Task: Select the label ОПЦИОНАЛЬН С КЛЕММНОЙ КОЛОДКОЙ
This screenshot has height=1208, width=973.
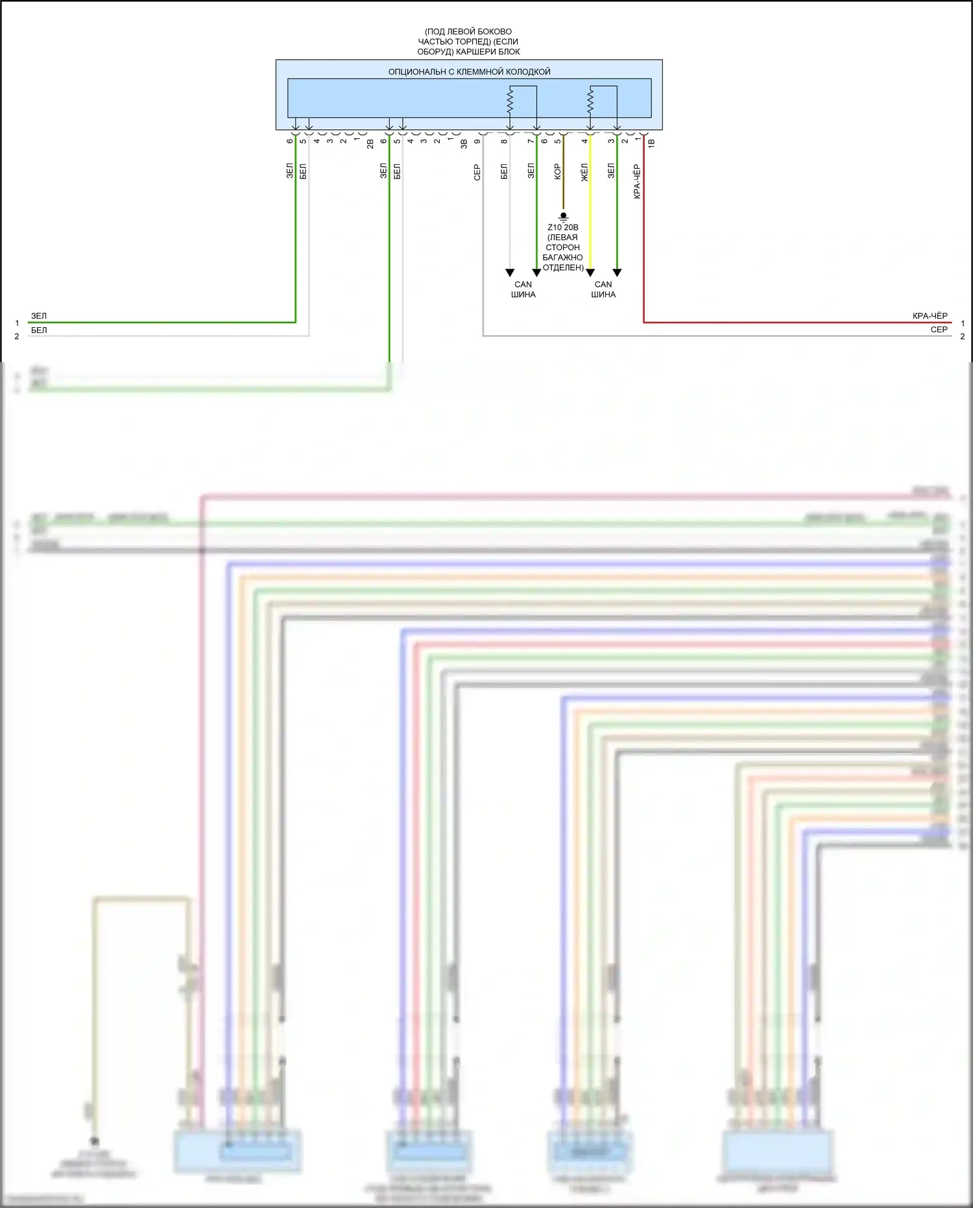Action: coord(469,72)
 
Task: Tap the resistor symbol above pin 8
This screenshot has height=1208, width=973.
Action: coord(510,101)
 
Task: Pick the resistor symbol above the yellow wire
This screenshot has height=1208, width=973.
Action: coord(590,101)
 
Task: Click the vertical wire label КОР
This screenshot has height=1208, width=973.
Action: coord(557,171)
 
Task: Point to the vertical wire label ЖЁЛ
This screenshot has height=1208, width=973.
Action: coord(584,172)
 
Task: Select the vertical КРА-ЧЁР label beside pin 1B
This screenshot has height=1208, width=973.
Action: coord(637,181)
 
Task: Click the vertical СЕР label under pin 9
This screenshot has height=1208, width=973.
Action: coord(477,172)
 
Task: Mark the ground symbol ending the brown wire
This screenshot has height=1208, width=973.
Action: coord(563,216)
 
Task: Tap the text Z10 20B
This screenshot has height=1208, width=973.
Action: coord(563,227)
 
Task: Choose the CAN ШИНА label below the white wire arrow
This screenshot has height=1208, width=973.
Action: coord(523,290)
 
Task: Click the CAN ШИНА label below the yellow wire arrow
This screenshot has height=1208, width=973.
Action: coord(603,290)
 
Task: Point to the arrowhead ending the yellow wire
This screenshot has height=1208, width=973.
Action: coord(590,273)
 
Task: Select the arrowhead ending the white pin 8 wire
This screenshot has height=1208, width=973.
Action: coord(510,273)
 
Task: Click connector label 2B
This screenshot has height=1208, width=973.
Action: coord(370,143)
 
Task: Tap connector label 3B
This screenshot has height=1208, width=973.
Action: coord(464,143)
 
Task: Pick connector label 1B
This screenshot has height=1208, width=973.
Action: coord(651,143)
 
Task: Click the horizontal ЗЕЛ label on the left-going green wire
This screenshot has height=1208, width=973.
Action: coord(39,316)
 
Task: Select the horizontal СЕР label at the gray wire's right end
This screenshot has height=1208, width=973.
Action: coord(939,330)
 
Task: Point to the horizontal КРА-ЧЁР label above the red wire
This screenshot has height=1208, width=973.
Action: coord(930,316)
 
